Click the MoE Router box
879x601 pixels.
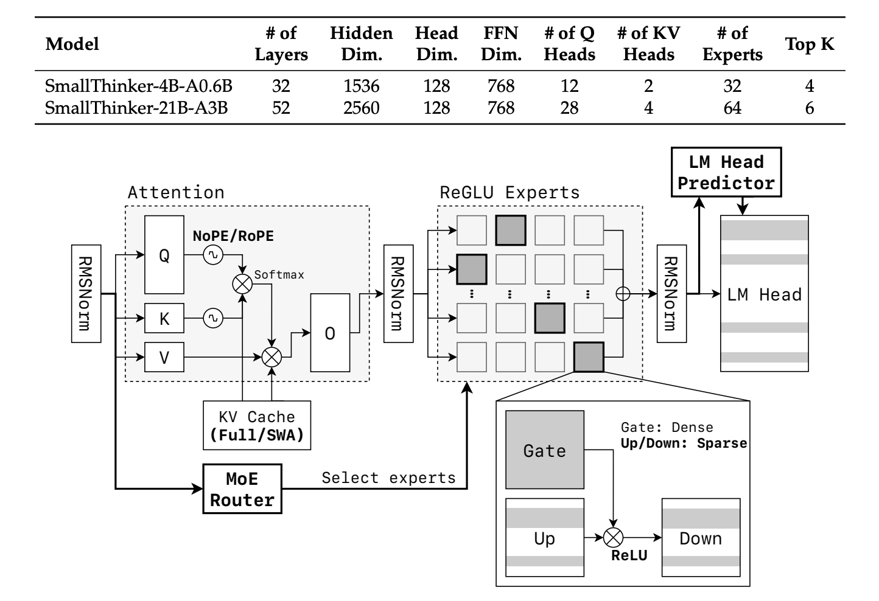[242, 489]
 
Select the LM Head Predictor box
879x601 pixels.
[726, 172]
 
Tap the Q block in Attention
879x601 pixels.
[164, 255]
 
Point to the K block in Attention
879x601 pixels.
[164, 318]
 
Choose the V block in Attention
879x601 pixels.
[164, 357]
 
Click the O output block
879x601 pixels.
[330, 333]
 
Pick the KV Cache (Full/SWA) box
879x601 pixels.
[257, 426]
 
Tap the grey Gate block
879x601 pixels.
[545, 450]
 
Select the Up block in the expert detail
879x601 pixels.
[545, 538]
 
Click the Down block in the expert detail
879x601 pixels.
[701, 538]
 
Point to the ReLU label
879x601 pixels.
[629, 555]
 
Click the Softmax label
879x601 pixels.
[279, 274]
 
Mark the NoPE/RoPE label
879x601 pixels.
[233, 236]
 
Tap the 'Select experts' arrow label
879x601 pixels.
[388, 478]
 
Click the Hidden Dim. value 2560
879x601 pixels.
[361, 108]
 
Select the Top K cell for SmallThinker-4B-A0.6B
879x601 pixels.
[809, 86]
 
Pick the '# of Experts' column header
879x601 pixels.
[732, 44]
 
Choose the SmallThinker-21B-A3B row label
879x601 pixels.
[136, 108]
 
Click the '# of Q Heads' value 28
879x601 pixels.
[569, 108]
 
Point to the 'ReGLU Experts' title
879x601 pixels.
[510, 193]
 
